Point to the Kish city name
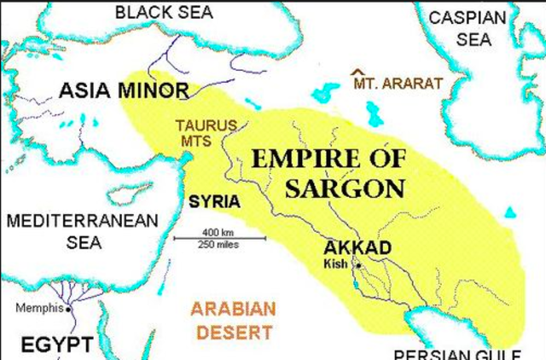pyautogui.click(x=336, y=264)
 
